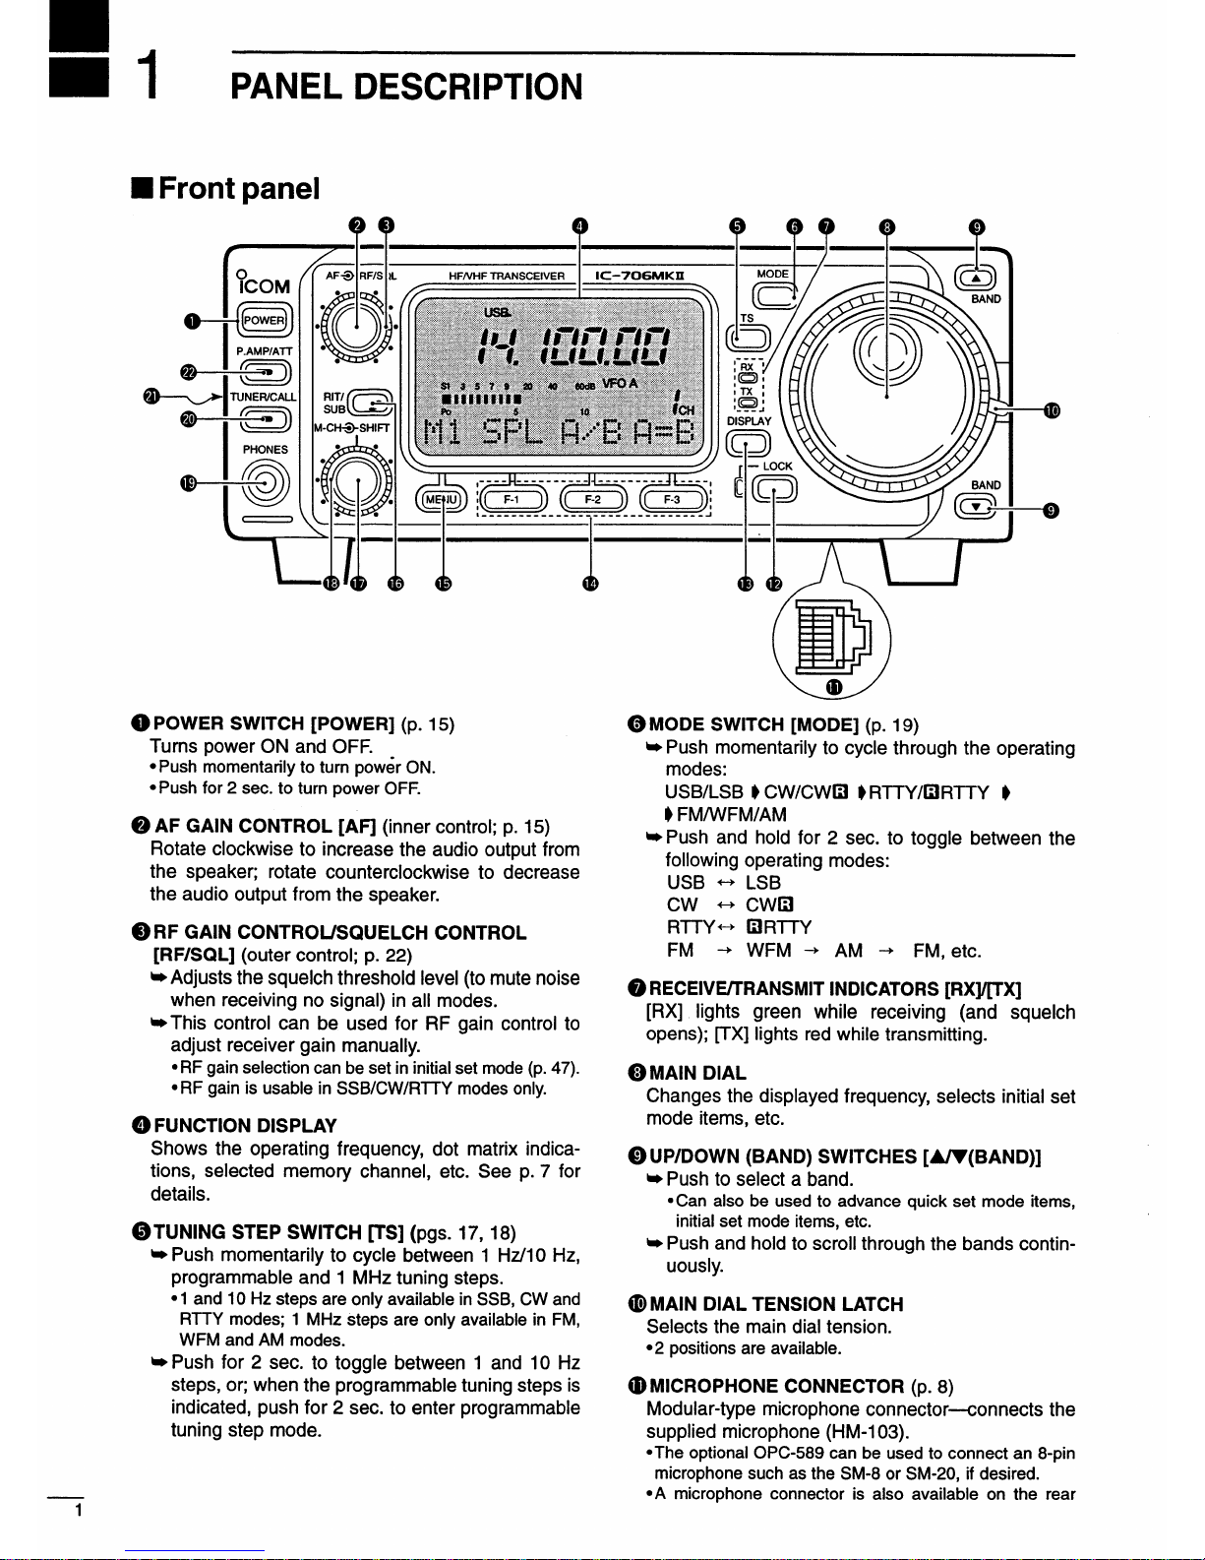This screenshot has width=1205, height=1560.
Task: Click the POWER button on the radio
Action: (x=264, y=320)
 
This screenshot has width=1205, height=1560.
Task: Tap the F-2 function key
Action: (x=592, y=500)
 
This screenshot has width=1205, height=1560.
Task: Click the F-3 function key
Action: (x=673, y=500)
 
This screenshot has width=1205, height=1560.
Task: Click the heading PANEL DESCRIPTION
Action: (x=405, y=87)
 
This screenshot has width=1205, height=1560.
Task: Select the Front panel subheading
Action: (x=239, y=188)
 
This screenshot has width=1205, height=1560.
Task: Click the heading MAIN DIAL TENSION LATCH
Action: (x=776, y=1304)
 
